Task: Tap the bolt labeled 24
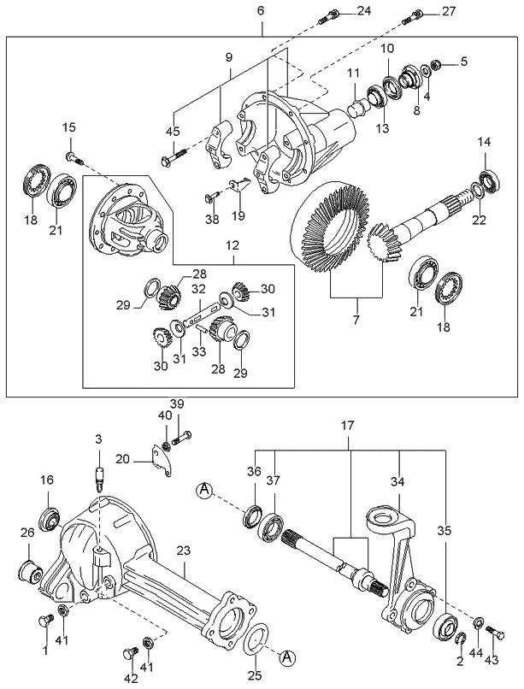pyautogui.click(x=330, y=14)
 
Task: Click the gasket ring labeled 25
pyautogui.click(x=256, y=638)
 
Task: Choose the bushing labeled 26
pyautogui.click(x=31, y=570)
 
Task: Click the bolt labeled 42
pyautogui.click(x=131, y=654)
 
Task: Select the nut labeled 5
pyautogui.click(x=436, y=64)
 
